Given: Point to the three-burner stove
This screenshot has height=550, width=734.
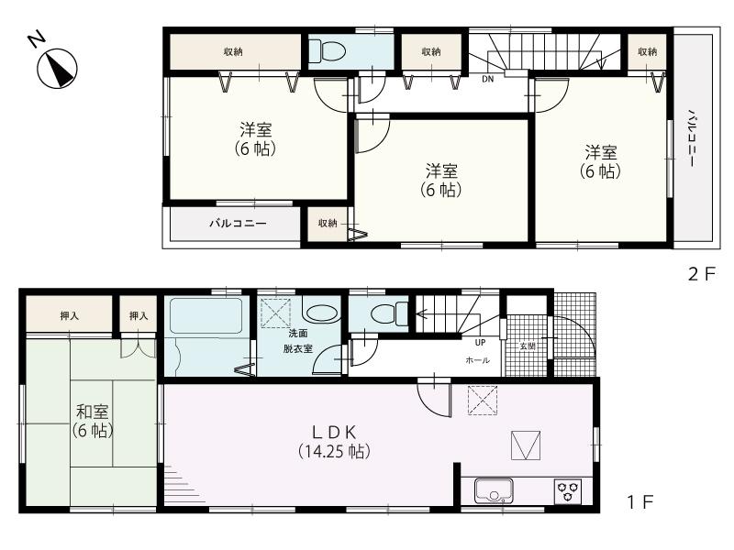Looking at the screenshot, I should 567,492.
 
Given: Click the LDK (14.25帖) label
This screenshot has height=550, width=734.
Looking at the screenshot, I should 335,441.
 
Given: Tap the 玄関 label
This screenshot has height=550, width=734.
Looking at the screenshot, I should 527,346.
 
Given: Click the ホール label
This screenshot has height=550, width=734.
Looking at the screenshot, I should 477,361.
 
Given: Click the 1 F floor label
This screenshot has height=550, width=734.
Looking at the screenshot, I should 639,503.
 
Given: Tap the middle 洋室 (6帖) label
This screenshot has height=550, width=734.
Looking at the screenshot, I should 442,181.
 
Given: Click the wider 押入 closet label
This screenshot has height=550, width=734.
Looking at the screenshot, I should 70,316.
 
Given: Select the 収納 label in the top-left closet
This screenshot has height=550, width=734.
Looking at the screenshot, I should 233,52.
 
